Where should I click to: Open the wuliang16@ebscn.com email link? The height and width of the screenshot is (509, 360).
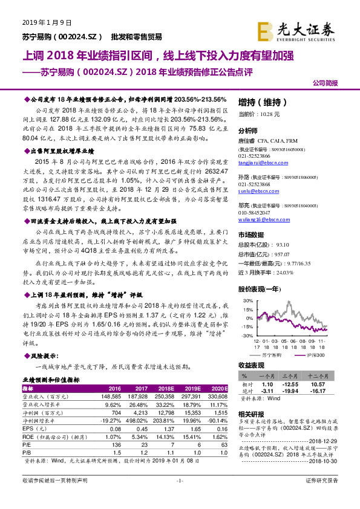click(260, 219)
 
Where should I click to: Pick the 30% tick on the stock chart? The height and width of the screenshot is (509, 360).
click(246, 300)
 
